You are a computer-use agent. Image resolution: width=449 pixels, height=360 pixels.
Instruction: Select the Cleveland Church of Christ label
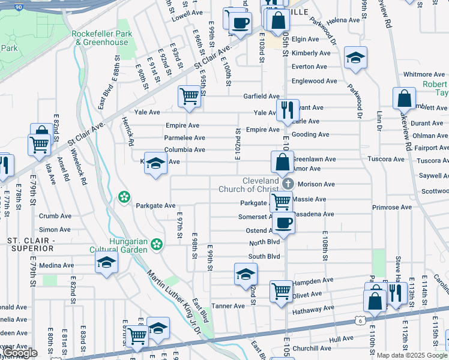pyautogui.click(x=261, y=185)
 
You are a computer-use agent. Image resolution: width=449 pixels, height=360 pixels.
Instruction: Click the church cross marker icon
pyautogui.click(x=288, y=184)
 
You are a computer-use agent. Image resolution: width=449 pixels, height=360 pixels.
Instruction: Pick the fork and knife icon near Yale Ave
pyautogui.click(x=288, y=109)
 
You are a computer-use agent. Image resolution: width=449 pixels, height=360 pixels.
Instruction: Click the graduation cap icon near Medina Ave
pyautogui.click(x=107, y=262)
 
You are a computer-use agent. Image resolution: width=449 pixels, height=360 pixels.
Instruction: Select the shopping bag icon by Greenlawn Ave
pyautogui.click(x=282, y=161)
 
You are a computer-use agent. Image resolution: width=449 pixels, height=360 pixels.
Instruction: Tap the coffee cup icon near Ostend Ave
pyautogui.click(x=283, y=222)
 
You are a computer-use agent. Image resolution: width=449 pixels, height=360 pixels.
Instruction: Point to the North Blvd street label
pyautogui.click(x=265, y=242)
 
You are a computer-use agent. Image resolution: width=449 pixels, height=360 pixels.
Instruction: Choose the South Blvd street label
pyautogui.click(x=264, y=256)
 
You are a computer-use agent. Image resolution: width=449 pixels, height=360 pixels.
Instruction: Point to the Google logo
pyautogui.click(x=20, y=353)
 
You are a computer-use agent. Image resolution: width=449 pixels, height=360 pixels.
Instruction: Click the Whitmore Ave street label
pyautogui.click(x=424, y=74)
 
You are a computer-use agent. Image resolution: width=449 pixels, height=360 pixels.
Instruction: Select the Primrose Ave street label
pyautogui.click(x=391, y=208)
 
